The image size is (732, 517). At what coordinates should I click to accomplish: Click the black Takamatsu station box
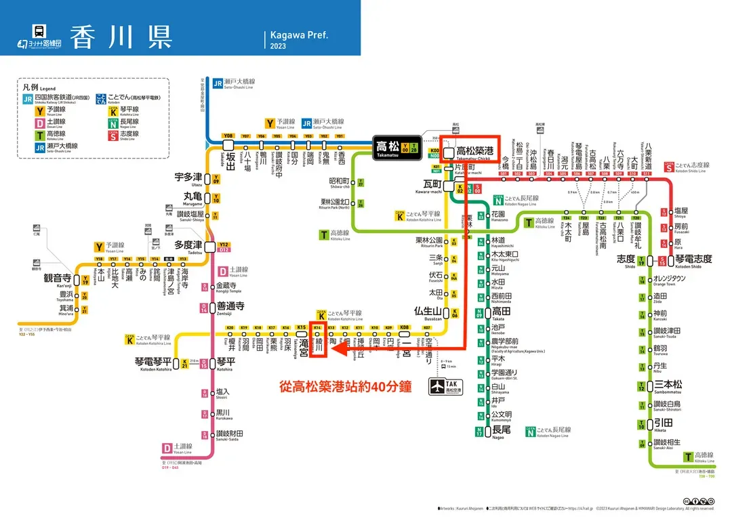click(396, 148)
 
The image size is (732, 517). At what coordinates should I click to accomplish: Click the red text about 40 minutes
click(346, 387)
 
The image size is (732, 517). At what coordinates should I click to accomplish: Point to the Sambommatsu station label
click(668, 384)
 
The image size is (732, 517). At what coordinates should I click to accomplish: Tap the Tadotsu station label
click(188, 245)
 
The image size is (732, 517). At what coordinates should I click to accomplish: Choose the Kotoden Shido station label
click(693, 260)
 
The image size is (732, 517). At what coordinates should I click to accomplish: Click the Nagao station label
click(502, 429)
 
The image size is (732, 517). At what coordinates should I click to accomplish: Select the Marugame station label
click(192, 197)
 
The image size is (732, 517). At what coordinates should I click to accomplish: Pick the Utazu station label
click(189, 178)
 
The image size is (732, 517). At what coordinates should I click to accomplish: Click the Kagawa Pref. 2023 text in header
click(298, 40)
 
